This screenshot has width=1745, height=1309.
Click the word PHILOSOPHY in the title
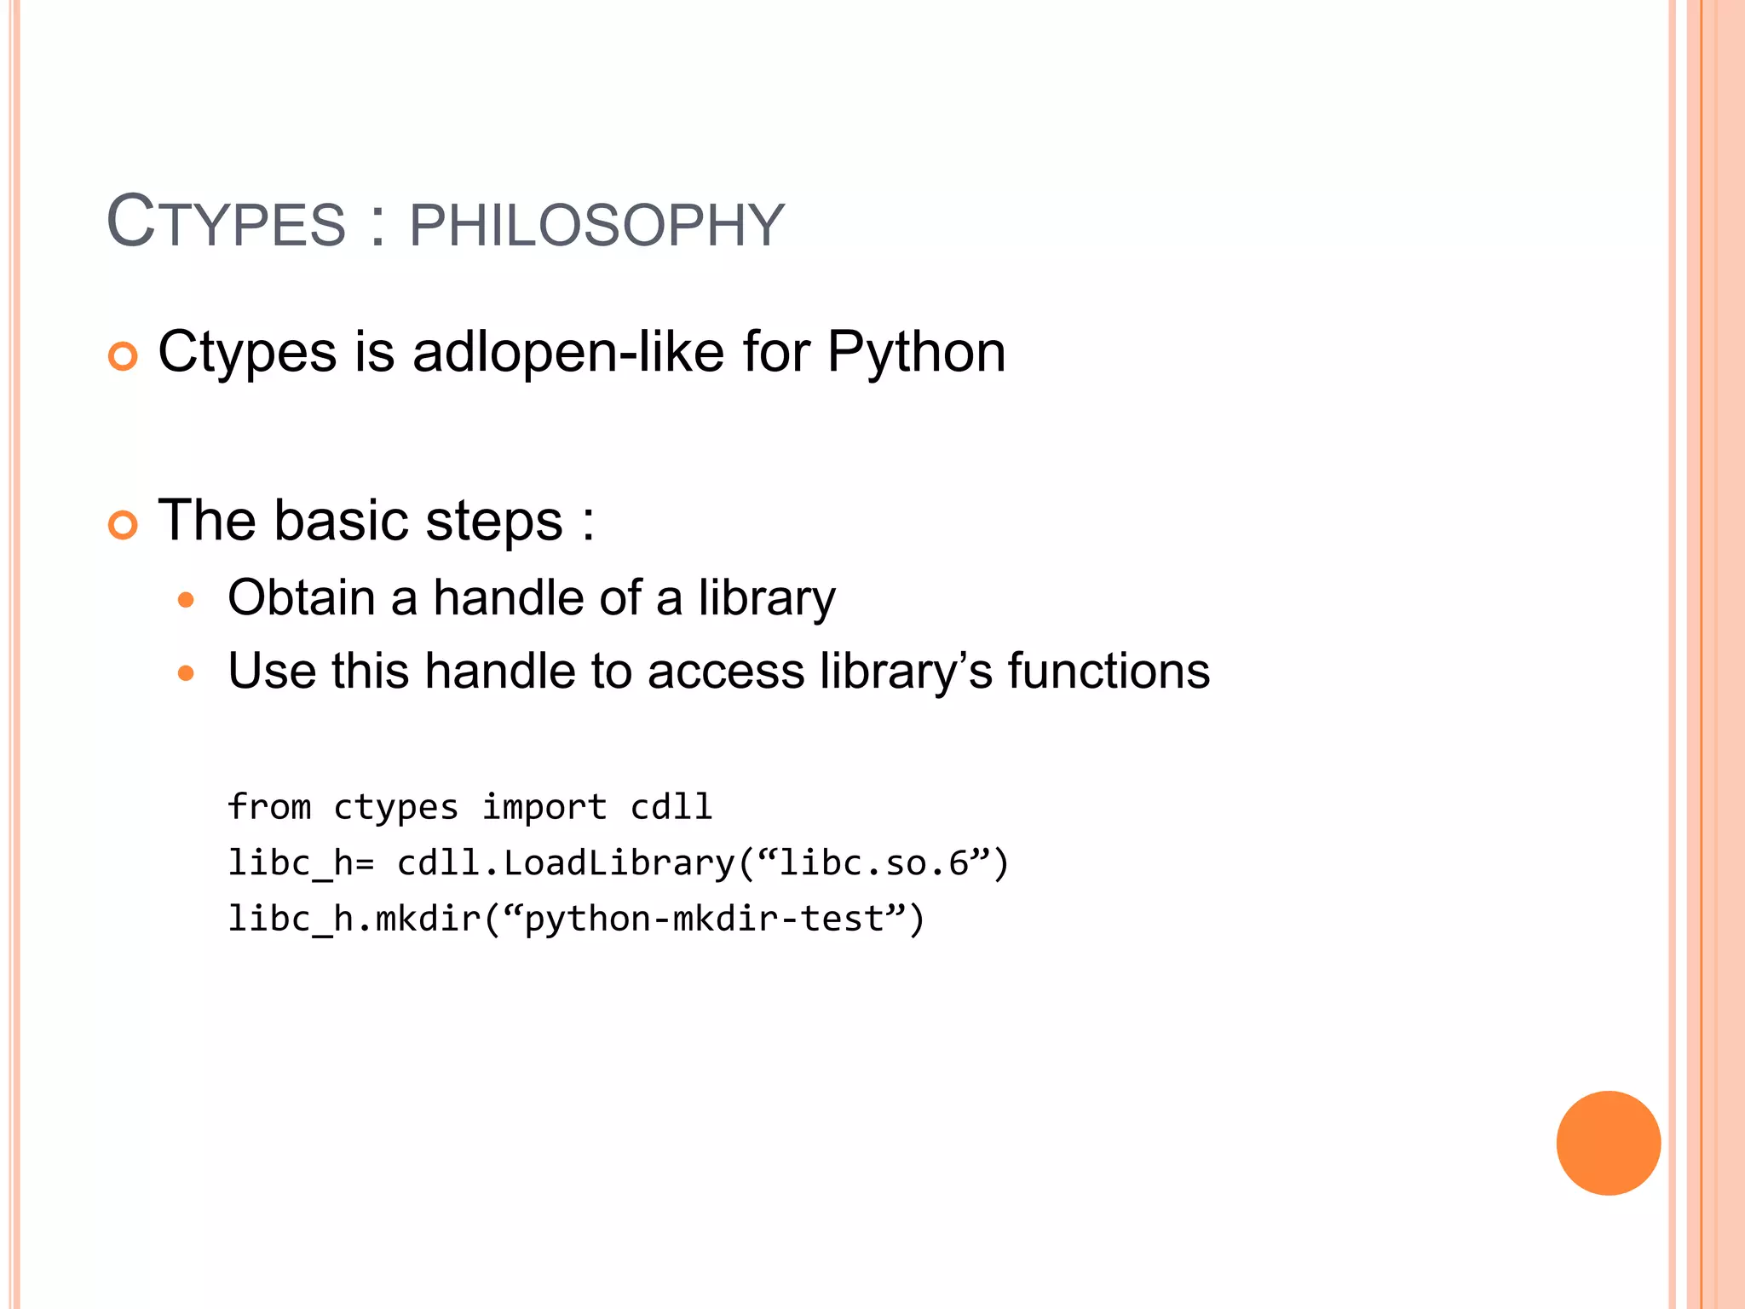click(x=596, y=226)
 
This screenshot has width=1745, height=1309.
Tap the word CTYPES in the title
click(x=226, y=223)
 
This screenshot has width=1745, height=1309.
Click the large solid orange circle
click(x=1608, y=1143)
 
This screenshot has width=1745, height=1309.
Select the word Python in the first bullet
click(x=916, y=353)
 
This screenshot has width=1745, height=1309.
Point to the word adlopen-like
click(x=567, y=353)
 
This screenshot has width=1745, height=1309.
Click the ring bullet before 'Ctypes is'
click(x=124, y=356)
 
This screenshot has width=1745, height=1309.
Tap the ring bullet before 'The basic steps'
click(x=124, y=525)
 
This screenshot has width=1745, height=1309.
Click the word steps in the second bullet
click(x=493, y=522)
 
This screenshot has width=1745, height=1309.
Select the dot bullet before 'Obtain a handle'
click(x=186, y=601)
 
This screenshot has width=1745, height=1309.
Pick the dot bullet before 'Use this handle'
click(x=186, y=674)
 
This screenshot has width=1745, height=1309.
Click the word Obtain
click(x=301, y=597)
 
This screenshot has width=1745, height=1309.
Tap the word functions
click(x=1109, y=672)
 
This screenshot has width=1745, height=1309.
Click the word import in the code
click(x=544, y=807)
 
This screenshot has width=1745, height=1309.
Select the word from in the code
click(x=269, y=807)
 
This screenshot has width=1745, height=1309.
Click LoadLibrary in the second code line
click(x=619, y=863)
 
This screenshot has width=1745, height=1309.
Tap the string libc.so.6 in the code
click(x=874, y=863)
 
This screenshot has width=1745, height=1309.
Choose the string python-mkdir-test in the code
click(x=704, y=920)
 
